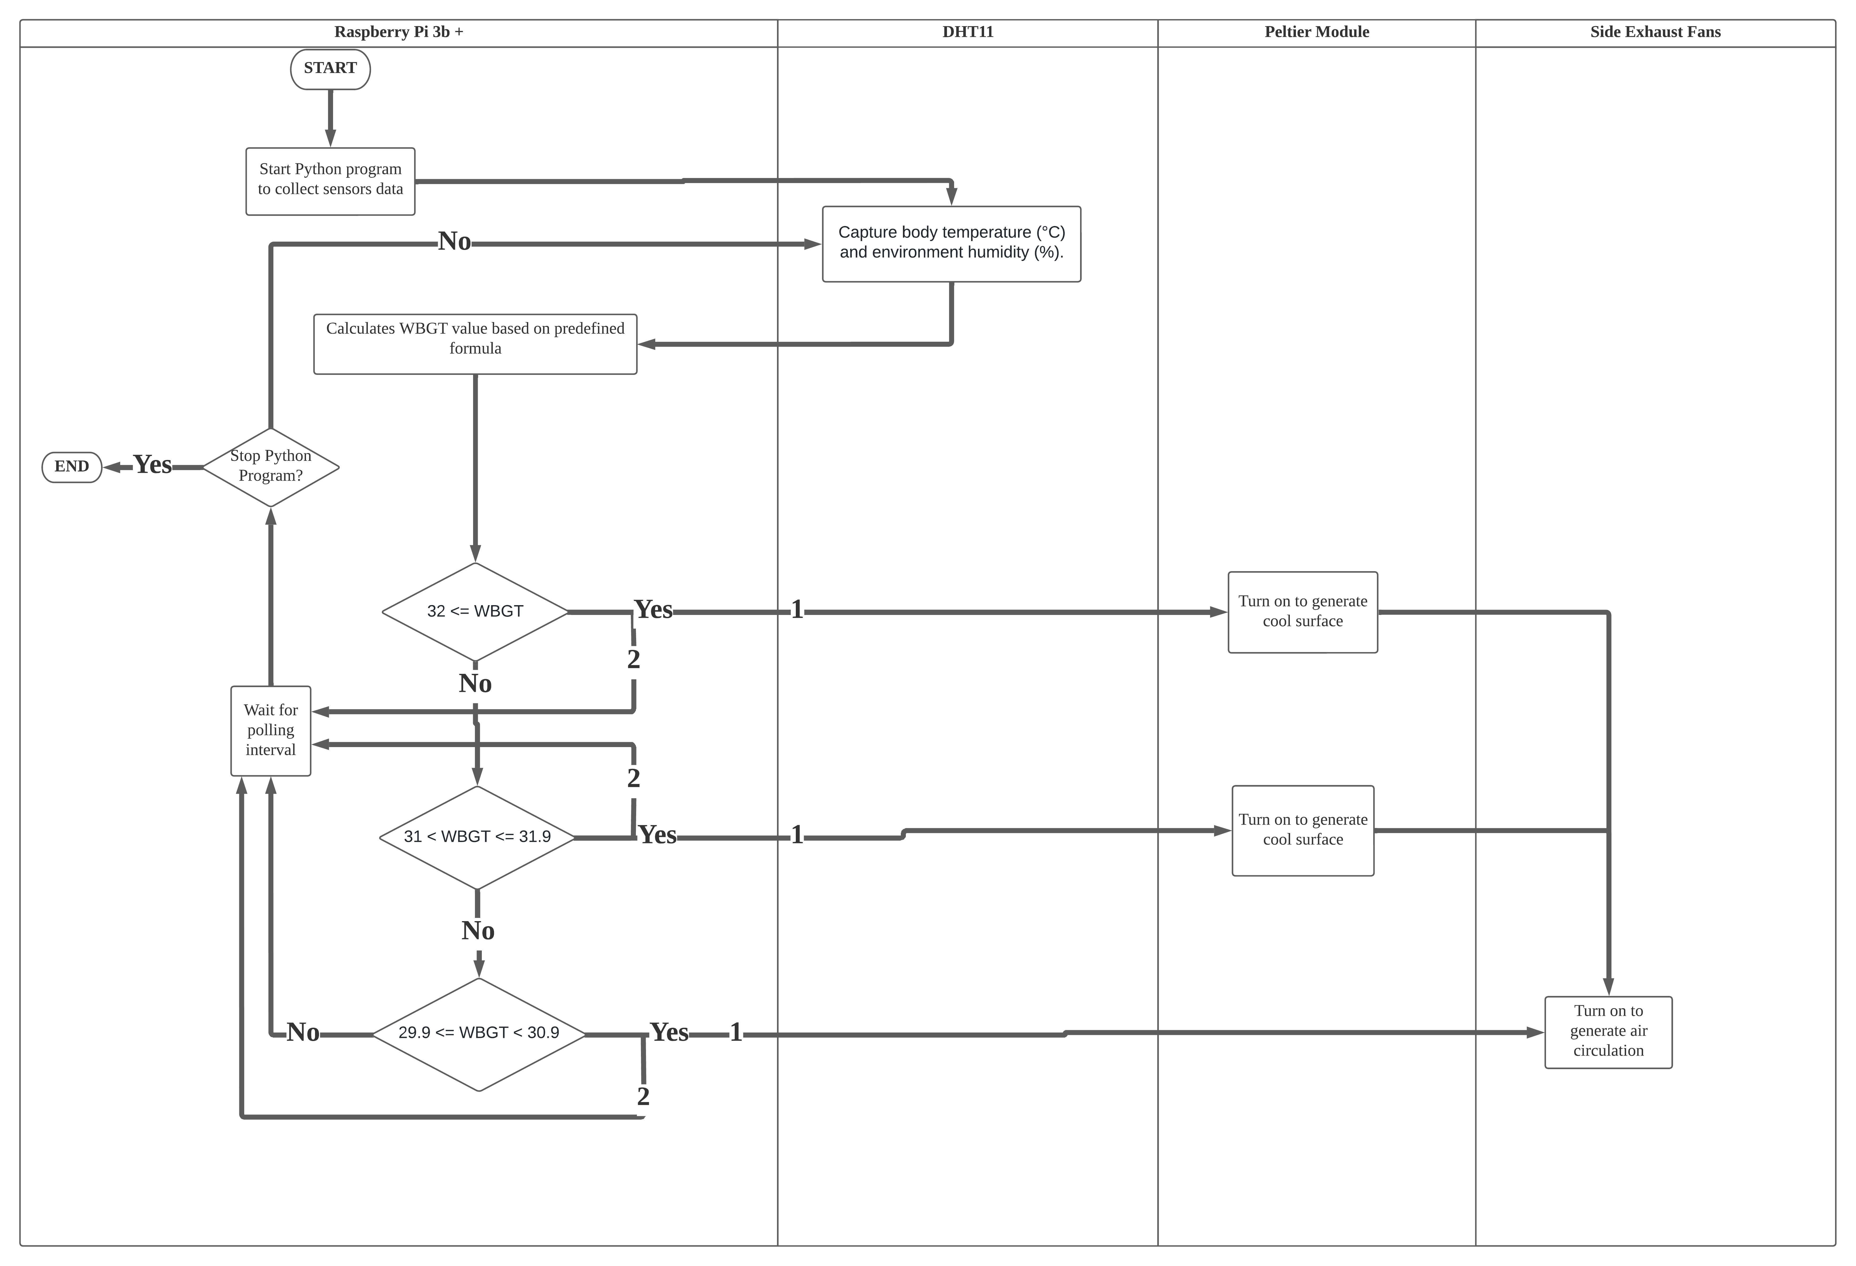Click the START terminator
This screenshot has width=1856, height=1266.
pyautogui.click(x=330, y=69)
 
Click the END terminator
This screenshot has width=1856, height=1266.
pyautogui.click(x=72, y=466)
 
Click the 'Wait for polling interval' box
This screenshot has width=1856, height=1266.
pyautogui.click(x=271, y=730)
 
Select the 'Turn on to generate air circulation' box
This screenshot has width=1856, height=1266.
pyautogui.click(x=1608, y=1031)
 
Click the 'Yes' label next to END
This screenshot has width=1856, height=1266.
pyautogui.click(x=152, y=465)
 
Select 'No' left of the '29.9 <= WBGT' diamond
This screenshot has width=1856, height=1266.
pyautogui.click(x=303, y=1033)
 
